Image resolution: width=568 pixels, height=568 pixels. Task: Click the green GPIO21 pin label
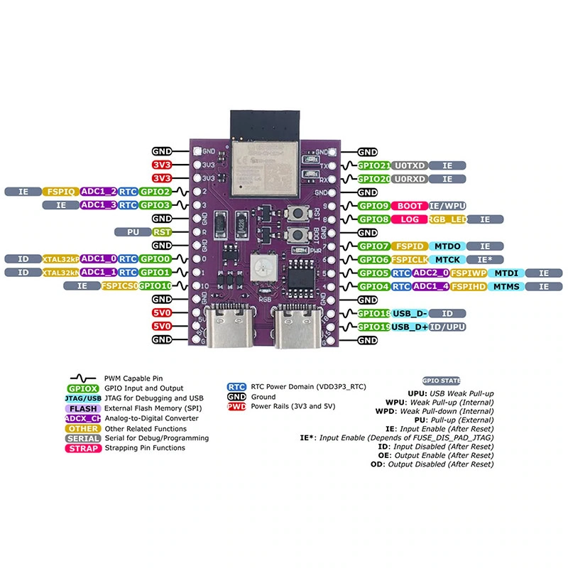coord(373,165)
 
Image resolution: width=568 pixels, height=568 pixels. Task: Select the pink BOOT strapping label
coord(409,206)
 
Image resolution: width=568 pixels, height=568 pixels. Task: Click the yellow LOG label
coord(409,219)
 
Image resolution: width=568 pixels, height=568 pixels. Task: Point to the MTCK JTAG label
coord(447,260)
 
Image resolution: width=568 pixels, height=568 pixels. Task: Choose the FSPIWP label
coord(469,273)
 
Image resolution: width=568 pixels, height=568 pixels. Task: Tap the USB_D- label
coord(410,313)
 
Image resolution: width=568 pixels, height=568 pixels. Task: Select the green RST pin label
coord(161,232)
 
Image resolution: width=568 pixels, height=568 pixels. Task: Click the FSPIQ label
coord(60,192)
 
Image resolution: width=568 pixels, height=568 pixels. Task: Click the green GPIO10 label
coord(155,285)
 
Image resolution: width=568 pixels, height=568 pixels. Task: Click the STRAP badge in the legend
coord(84,449)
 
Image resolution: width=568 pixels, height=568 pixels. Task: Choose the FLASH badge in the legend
coord(84,409)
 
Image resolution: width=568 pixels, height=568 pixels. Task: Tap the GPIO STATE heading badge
coord(441,381)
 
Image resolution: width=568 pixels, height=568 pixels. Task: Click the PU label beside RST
coord(133,232)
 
